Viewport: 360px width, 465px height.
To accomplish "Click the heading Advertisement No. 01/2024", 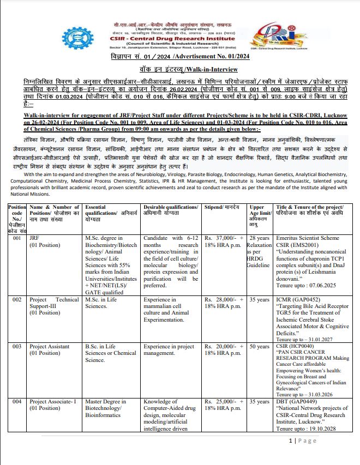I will point(179,57).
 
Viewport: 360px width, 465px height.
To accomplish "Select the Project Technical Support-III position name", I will point(54,300).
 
